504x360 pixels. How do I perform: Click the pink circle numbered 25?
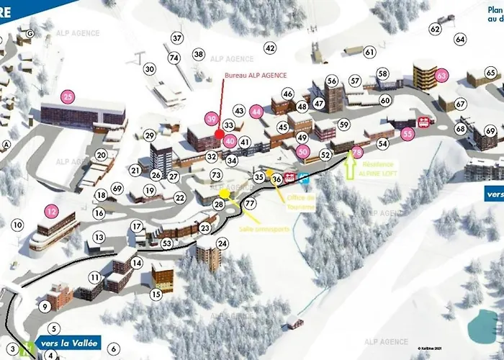coord(68,96)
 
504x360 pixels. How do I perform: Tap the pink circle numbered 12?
coord(51,212)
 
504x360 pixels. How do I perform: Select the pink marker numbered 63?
coord(442,74)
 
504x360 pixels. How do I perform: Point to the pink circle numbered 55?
coord(408,133)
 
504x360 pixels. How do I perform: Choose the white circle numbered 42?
coord(270,48)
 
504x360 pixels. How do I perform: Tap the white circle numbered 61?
coord(369,53)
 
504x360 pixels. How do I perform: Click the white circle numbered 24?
coord(222,243)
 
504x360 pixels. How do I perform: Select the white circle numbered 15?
coord(156,294)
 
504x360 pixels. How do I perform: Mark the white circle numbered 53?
coord(166,243)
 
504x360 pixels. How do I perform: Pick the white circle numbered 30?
coord(150,69)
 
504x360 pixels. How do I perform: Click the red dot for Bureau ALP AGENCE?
coord(219,133)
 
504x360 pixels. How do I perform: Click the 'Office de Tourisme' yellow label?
coord(301,202)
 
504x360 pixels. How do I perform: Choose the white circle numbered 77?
coord(250,204)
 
